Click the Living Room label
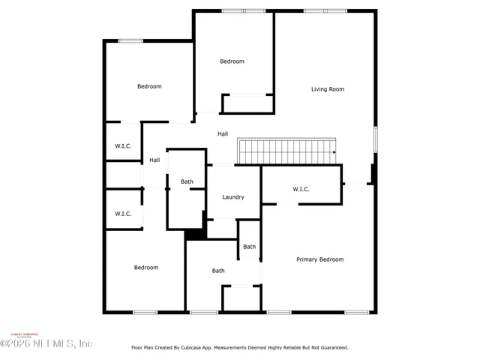pyautogui.click(x=328, y=89)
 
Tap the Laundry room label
pyautogui.click(x=233, y=197)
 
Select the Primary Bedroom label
pyautogui.click(x=319, y=259)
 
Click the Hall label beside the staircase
pyautogui.click(x=223, y=133)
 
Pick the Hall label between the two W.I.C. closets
pyautogui.click(x=154, y=160)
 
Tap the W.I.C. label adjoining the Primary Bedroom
pyautogui.click(x=301, y=189)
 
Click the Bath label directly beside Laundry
pyautogui.click(x=187, y=181)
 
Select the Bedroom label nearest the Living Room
pyautogui.click(x=232, y=61)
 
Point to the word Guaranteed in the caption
pyautogui.click(x=330, y=347)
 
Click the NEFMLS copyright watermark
pyautogui.click(x=46, y=343)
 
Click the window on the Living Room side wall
pyautogui.click(x=376, y=140)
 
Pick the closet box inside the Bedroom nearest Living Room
pyautogui.click(x=247, y=103)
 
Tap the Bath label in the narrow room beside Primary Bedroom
pyautogui.click(x=249, y=247)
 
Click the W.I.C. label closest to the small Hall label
pyautogui.click(x=123, y=146)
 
